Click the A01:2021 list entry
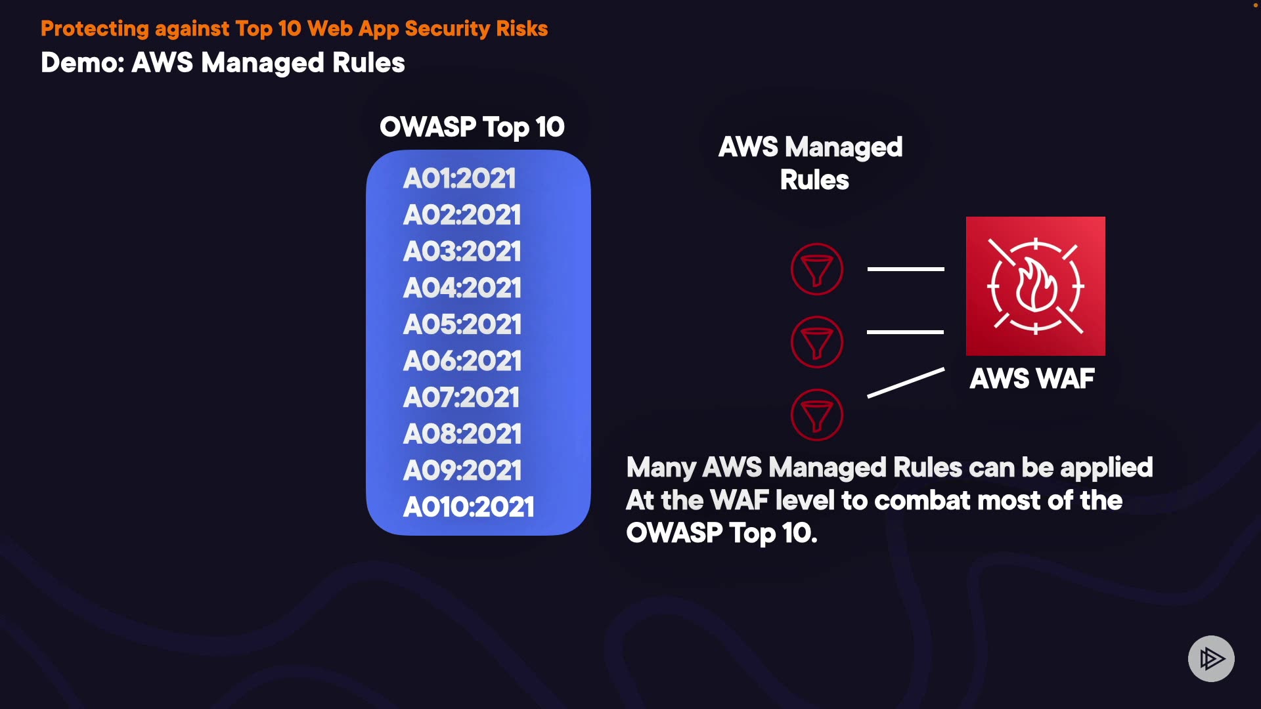(460, 179)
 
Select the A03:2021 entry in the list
(462, 251)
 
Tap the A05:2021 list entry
(462, 324)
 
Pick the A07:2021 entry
(461, 397)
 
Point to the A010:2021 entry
(468, 507)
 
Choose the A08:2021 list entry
(462, 434)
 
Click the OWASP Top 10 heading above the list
(472, 127)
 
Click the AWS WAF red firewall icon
(1035, 286)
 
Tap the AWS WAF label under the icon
(1032, 379)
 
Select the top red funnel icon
(817, 269)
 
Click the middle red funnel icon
(817, 342)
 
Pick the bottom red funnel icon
(817, 415)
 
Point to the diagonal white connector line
(906, 383)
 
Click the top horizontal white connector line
(906, 269)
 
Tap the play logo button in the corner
(1211, 658)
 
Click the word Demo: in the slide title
(83, 63)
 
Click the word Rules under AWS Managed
(814, 180)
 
